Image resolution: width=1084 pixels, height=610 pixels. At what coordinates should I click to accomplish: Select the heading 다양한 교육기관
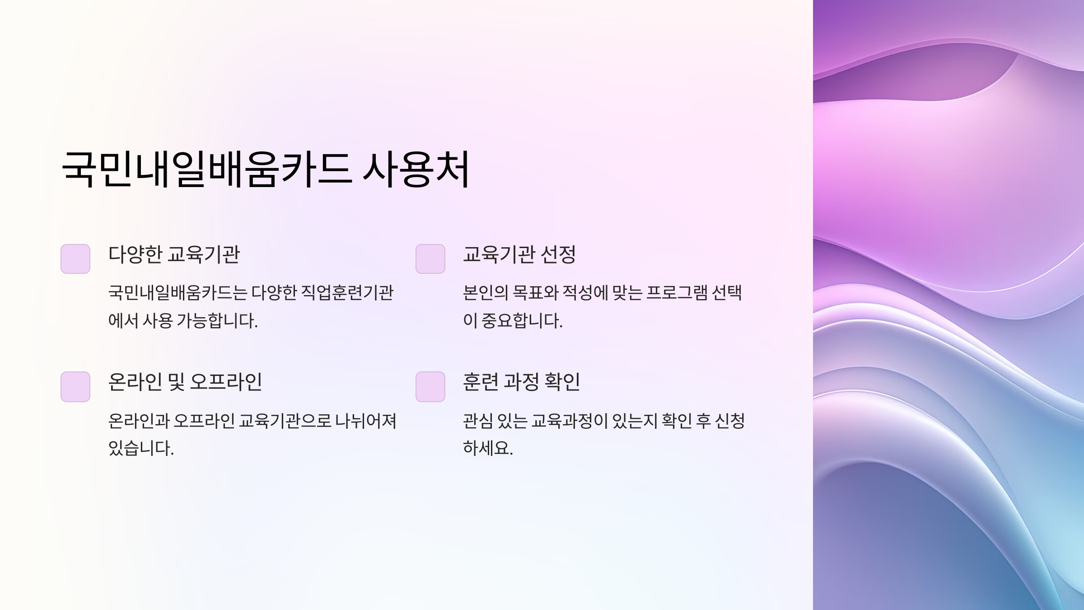pos(174,254)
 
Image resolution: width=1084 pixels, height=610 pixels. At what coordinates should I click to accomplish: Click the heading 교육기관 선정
pos(519,254)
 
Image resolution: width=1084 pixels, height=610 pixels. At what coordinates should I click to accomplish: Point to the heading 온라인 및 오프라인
pos(185,382)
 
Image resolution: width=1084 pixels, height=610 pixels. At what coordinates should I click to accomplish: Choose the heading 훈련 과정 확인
pos(522,382)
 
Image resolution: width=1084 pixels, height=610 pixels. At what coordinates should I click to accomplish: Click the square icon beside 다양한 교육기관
pos(75,259)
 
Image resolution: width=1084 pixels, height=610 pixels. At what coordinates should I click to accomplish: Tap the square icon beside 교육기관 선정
pos(430,259)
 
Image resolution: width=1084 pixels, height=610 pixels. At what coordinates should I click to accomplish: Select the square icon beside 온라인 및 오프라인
pos(75,387)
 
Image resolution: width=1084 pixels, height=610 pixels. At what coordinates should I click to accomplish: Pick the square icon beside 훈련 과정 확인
pos(430,387)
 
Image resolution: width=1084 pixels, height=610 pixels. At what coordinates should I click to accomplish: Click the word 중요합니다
pos(522,321)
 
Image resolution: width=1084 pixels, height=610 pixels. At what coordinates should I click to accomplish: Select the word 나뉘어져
pos(366,421)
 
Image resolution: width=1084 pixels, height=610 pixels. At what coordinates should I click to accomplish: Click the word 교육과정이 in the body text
pos(569,421)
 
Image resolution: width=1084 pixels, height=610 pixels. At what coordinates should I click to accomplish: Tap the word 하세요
pos(488,449)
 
